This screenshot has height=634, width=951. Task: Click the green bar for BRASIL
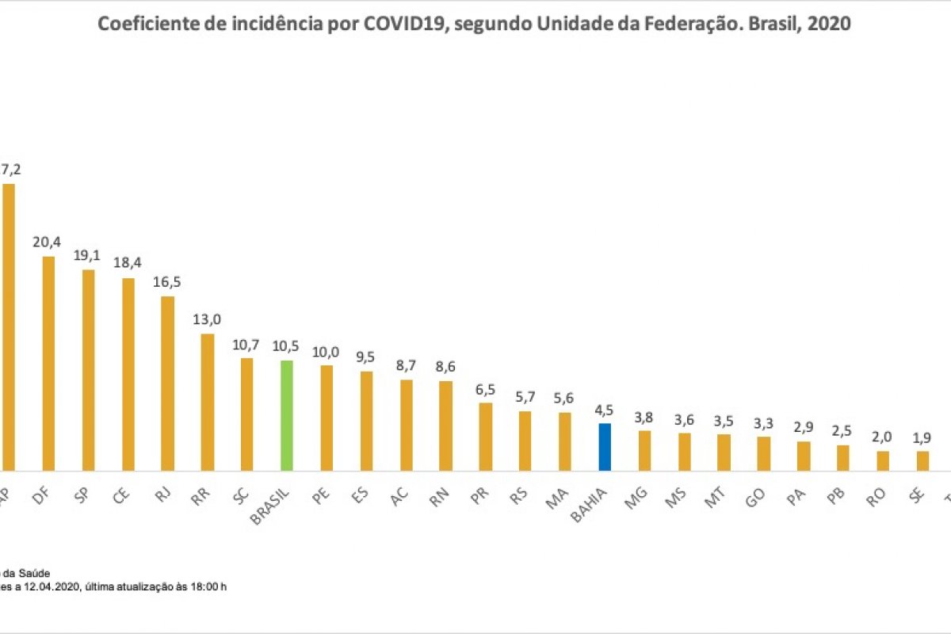[x=287, y=416]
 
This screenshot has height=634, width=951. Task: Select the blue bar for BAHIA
[x=605, y=448]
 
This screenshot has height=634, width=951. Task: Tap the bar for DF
[x=48, y=364]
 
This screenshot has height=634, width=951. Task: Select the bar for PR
[x=486, y=437]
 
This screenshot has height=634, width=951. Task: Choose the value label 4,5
[x=605, y=410]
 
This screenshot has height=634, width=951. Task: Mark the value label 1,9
[x=922, y=437]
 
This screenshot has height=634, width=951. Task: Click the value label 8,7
[x=406, y=365]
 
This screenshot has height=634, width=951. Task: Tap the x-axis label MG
[x=639, y=495]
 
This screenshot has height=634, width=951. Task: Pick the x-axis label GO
[x=758, y=495]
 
